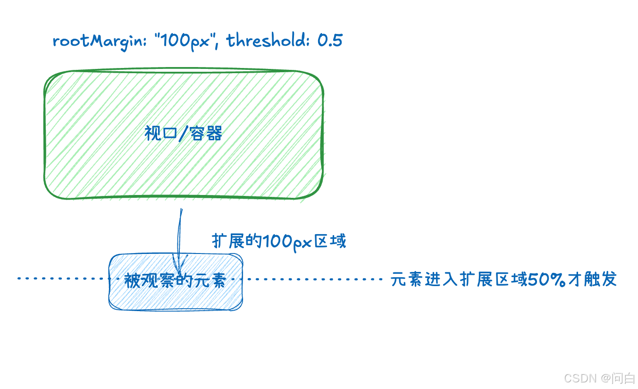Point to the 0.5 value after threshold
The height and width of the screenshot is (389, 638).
(x=330, y=41)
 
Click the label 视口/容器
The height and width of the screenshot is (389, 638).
(x=183, y=134)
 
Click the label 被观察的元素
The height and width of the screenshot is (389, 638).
(x=175, y=281)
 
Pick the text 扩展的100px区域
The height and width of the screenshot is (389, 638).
(x=278, y=242)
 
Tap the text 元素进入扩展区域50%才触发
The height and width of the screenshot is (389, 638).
(x=504, y=279)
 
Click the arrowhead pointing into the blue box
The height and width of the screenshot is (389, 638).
(x=179, y=264)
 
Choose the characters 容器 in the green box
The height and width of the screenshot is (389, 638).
(x=207, y=134)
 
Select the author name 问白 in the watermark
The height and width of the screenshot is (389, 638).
(x=623, y=378)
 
